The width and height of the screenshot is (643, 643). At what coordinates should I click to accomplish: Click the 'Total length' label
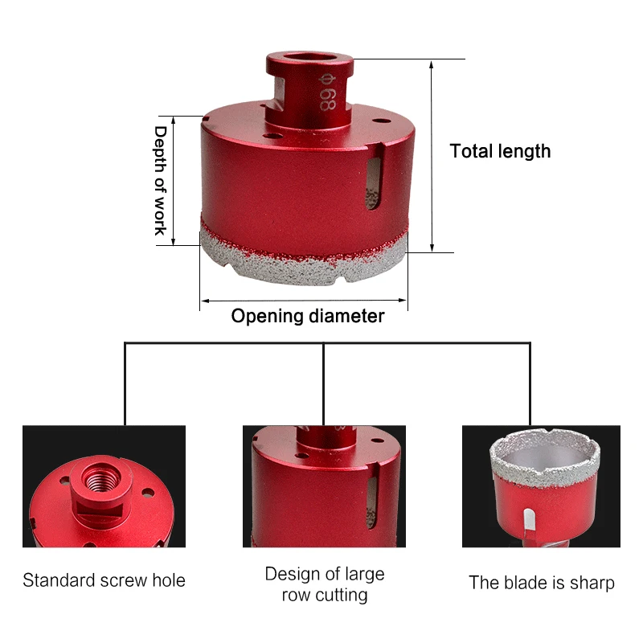point(500,151)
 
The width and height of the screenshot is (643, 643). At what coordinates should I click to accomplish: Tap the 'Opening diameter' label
point(308,316)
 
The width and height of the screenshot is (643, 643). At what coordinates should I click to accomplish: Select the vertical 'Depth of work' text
point(160,181)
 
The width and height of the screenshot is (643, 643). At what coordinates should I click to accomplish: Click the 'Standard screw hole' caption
point(104,580)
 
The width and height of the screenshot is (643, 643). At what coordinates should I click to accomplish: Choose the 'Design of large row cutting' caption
point(325,584)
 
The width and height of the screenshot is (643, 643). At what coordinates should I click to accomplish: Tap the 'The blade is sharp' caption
point(541,582)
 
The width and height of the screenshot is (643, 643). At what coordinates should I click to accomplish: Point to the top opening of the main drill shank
point(309,58)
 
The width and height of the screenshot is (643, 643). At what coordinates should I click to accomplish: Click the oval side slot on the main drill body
point(373,184)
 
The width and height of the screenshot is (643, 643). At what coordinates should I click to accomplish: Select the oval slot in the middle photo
point(371,502)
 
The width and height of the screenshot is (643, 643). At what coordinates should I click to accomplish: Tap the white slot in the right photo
point(529,522)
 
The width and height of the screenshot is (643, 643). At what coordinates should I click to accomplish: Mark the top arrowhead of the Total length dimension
point(432,64)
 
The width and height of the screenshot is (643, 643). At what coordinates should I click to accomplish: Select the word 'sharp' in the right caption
point(592,584)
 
